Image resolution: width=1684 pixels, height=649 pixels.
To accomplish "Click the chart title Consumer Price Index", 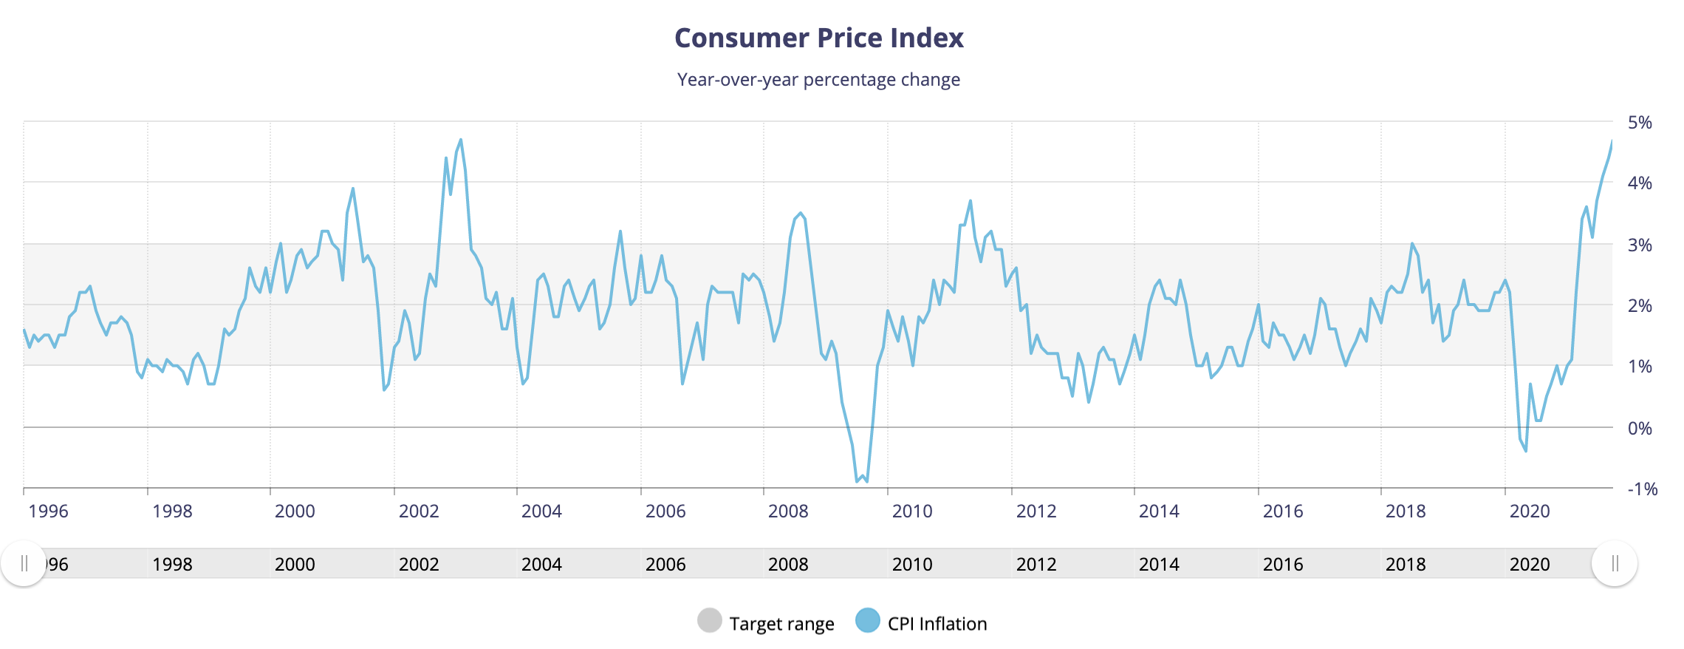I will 818,38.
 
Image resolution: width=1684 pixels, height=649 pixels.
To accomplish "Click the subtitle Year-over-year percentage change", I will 818,80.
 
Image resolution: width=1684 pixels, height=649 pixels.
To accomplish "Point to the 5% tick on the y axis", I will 1640,123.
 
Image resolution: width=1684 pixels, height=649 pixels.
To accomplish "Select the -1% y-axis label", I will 1642,489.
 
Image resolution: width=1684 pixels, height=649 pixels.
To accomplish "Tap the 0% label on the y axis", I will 1640,429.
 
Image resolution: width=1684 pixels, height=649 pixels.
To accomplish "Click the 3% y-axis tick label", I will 1640,245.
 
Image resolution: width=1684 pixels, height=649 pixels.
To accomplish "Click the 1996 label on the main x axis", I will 48,512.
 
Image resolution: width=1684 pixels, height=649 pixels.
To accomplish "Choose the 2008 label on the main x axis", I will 788,512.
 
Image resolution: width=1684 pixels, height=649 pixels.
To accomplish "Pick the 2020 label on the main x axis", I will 1530,512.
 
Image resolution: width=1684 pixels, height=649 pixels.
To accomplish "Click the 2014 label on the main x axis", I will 1159,512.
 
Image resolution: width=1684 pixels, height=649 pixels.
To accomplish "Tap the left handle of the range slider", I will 24,564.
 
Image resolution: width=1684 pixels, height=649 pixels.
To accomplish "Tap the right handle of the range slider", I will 1615,564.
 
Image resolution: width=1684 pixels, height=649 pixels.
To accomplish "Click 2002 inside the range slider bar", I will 419,565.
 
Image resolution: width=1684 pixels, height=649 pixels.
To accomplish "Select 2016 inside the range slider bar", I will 1283,565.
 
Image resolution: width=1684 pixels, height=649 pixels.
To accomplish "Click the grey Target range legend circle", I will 709,621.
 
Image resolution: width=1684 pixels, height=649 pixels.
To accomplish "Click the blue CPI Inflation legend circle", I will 868,621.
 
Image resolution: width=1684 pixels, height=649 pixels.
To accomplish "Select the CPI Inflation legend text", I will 937,624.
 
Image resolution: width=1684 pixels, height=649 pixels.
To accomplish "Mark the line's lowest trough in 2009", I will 866,482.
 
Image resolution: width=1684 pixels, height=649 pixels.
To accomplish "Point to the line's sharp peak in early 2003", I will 461,139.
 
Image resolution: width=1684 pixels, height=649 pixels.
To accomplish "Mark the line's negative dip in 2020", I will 1526,451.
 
